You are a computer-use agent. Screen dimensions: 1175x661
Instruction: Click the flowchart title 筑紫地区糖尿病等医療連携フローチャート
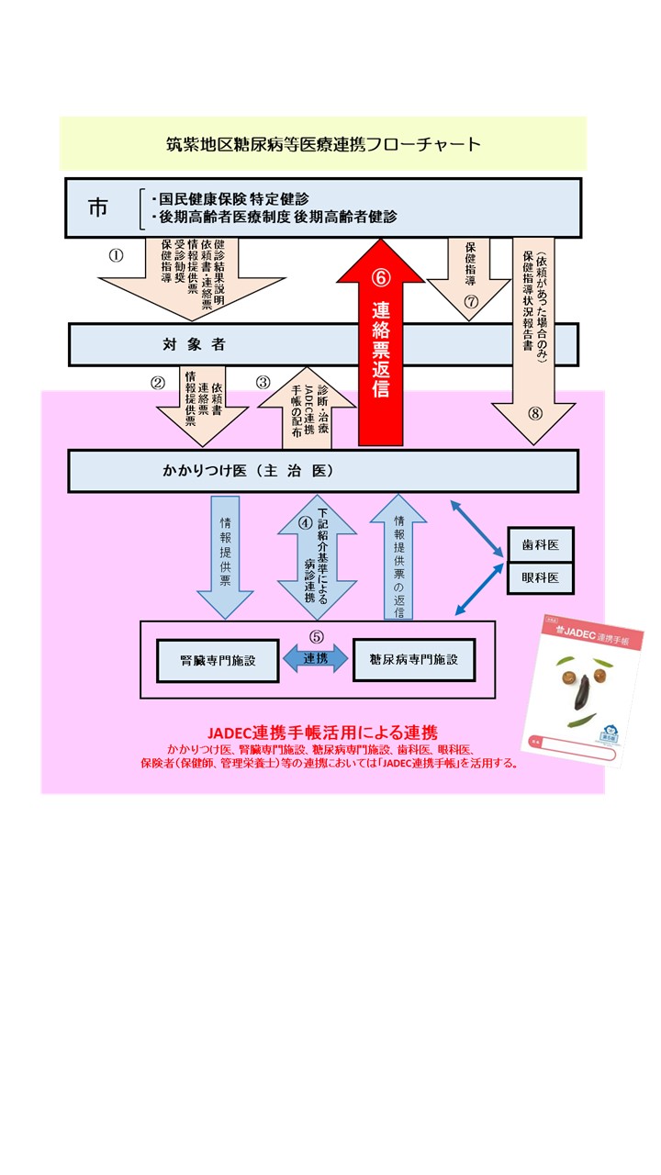pyautogui.click(x=322, y=144)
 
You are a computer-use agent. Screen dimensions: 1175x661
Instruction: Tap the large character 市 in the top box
pyautogui.click(x=97, y=207)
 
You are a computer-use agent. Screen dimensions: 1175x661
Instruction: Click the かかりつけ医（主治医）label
pyautogui.click(x=248, y=471)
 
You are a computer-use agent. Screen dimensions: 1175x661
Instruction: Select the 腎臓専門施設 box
pyautogui.click(x=218, y=660)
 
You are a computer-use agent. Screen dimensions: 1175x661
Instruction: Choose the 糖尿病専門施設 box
pyautogui.click(x=414, y=659)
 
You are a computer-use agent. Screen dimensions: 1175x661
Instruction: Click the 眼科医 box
pyautogui.click(x=541, y=578)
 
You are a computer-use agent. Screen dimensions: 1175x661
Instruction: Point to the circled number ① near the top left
pyautogui.click(x=116, y=256)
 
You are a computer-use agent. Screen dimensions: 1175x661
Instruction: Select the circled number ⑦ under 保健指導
pyautogui.click(x=471, y=301)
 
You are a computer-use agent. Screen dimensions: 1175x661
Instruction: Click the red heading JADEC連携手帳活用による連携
pyautogui.click(x=321, y=733)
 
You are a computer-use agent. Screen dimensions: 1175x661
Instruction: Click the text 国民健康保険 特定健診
pyautogui.click(x=234, y=197)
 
